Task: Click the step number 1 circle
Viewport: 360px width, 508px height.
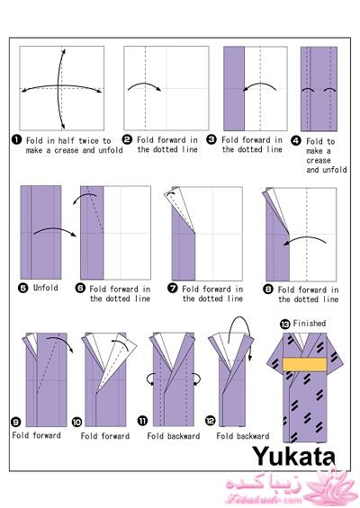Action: click(16, 140)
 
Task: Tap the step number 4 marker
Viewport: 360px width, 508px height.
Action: click(296, 140)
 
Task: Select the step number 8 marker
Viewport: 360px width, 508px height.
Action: click(268, 289)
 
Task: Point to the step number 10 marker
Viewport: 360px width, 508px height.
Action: click(76, 423)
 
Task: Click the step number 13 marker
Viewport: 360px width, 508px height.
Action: click(284, 324)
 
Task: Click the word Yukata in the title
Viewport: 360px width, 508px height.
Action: click(293, 456)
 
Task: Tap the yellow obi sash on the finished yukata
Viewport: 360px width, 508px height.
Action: click(304, 364)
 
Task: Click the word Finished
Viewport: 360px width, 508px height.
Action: click(310, 323)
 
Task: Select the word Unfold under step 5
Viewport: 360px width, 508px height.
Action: click(46, 288)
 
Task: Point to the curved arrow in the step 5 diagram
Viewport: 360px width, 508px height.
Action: click(55, 228)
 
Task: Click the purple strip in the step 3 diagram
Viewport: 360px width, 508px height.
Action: click(234, 88)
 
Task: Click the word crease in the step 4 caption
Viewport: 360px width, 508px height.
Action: click(319, 160)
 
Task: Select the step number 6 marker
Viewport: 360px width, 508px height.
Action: click(80, 288)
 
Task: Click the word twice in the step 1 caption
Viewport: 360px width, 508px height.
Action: click(88, 141)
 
